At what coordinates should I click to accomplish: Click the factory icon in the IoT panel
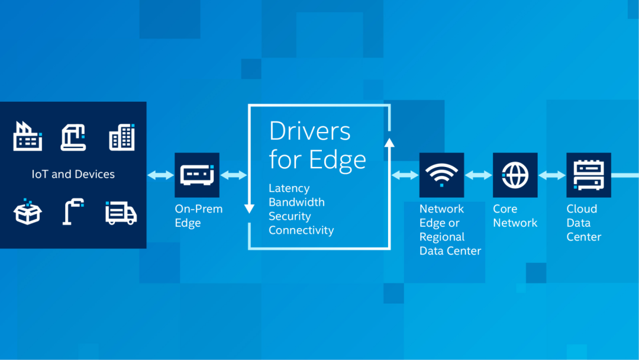click(x=27, y=136)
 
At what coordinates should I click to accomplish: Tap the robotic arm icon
click(x=73, y=137)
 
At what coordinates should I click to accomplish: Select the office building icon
click(x=122, y=137)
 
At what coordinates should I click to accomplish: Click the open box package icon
click(x=27, y=211)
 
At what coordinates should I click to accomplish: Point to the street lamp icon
click(x=73, y=211)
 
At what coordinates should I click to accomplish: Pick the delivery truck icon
click(x=121, y=213)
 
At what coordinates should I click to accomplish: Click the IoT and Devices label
click(x=73, y=174)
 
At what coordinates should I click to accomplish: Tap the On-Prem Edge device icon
click(x=197, y=175)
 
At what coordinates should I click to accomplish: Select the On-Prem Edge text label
click(x=199, y=216)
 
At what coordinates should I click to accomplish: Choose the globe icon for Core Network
click(x=515, y=175)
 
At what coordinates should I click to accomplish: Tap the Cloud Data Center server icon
click(x=589, y=175)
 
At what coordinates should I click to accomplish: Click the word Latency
click(x=289, y=188)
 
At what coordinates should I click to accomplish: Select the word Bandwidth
click(x=296, y=202)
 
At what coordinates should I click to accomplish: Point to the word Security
click(x=290, y=216)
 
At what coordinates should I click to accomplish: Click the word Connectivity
click(x=301, y=230)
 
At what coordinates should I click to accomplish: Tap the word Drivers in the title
click(x=309, y=131)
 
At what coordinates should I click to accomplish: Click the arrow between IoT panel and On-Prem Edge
click(x=160, y=175)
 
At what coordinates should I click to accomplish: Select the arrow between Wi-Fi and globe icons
click(x=479, y=175)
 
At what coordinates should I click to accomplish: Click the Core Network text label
click(x=515, y=216)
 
